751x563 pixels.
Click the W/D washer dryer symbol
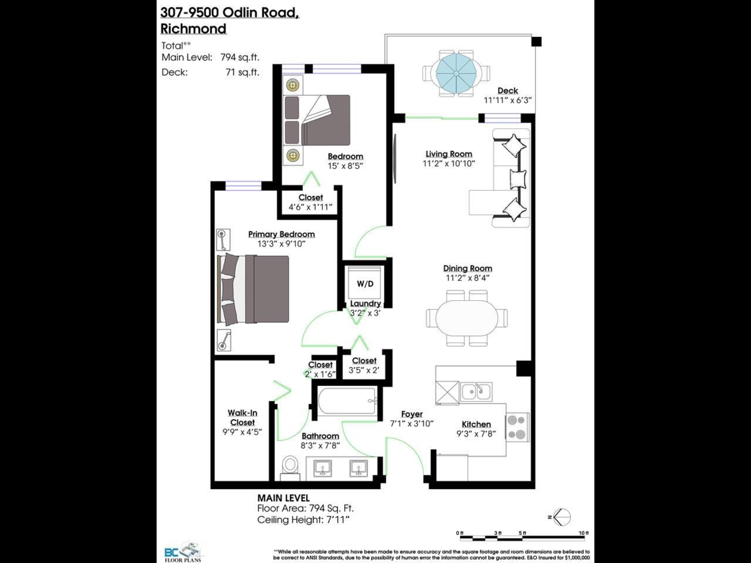(x=365, y=283)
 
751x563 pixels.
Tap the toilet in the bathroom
(x=290, y=468)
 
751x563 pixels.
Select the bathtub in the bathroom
(x=347, y=400)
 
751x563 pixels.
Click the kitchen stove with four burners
(x=517, y=427)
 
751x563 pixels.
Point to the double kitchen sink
(x=476, y=392)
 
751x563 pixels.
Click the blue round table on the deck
(x=456, y=73)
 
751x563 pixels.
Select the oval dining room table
(x=467, y=318)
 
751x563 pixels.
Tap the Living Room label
(x=449, y=154)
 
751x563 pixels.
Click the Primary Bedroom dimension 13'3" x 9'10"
(x=281, y=244)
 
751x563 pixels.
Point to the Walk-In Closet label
(x=242, y=418)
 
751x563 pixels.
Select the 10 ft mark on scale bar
(x=584, y=533)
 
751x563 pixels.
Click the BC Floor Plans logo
(x=183, y=551)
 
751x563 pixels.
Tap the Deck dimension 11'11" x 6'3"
(x=508, y=100)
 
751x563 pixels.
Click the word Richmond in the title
(x=193, y=29)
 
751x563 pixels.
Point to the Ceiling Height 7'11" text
(x=303, y=520)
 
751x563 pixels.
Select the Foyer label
(x=412, y=414)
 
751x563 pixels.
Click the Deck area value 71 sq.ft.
(x=242, y=73)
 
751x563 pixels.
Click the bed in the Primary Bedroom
(x=253, y=289)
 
